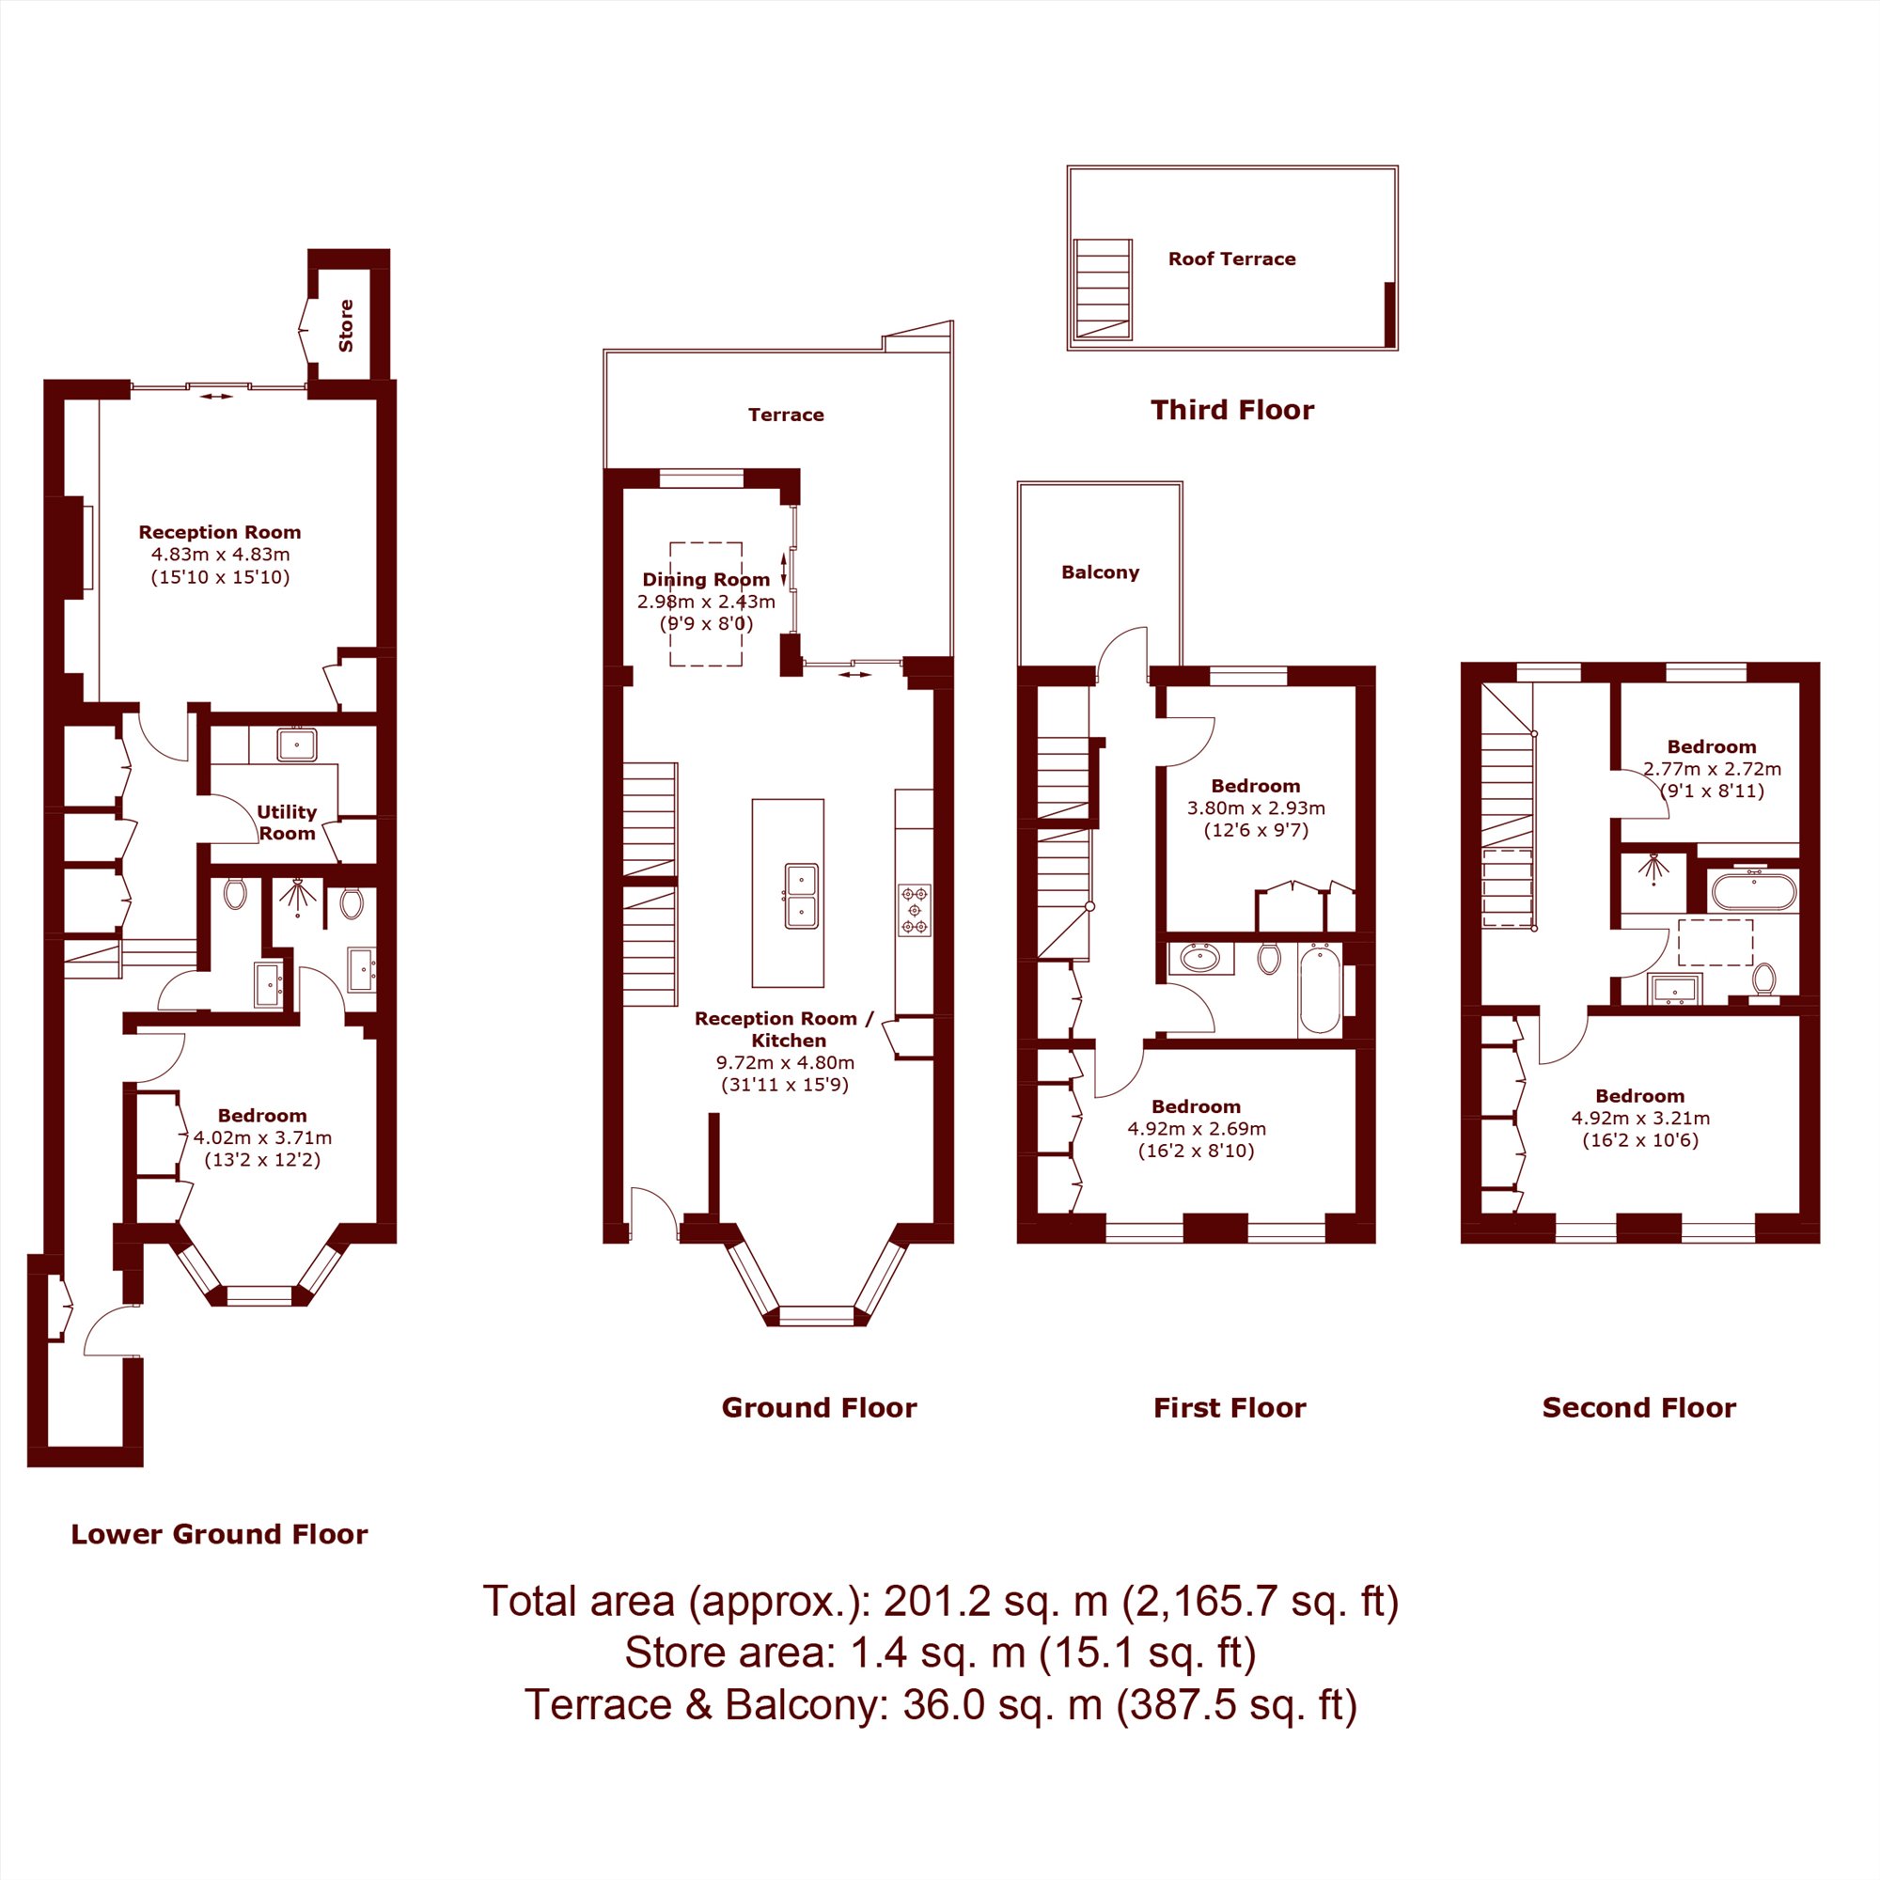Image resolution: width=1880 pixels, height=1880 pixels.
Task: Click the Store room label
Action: [345, 325]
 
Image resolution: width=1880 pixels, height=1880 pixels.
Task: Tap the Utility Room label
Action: [287, 822]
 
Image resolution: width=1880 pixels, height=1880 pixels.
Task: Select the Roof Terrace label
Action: [1232, 258]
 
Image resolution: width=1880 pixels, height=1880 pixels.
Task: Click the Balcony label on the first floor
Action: [1101, 572]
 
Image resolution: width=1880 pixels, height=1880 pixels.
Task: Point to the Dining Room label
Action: [707, 579]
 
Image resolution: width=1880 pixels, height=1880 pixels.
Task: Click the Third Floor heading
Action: [1232, 410]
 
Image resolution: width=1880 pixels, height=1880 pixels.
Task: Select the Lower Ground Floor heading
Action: [220, 1535]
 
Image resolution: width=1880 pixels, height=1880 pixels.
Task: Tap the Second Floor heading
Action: [1639, 1408]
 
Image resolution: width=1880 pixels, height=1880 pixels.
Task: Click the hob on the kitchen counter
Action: [915, 911]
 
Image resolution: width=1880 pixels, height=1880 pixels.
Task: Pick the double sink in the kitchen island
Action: [802, 896]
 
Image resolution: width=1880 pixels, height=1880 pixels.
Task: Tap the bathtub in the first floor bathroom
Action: [1320, 988]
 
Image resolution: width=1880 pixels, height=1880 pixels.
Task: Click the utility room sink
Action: [296, 744]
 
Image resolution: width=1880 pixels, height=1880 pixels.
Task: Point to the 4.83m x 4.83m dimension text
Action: [220, 555]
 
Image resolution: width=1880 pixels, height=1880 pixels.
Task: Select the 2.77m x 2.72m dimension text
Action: [1713, 769]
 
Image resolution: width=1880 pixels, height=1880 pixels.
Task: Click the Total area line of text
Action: [940, 1603]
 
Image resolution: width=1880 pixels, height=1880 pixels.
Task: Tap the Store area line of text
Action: [940, 1654]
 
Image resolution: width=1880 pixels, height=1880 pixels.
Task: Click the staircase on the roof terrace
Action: [1103, 289]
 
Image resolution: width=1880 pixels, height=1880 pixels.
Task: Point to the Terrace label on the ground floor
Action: [786, 415]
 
